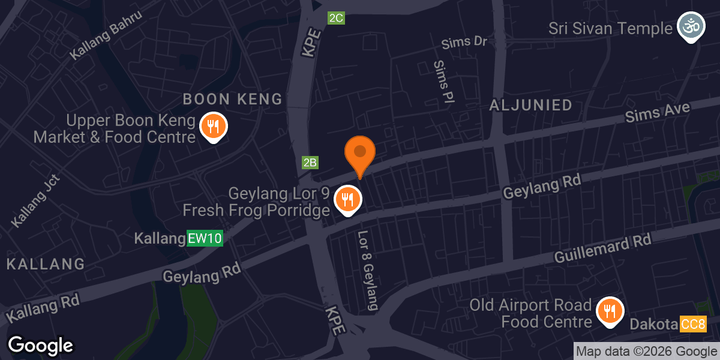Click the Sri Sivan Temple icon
[689, 27]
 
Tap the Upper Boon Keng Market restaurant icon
[212, 127]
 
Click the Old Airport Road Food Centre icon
[610, 311]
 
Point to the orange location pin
[359, 154]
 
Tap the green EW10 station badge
[205, 238]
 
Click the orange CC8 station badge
[693, 325]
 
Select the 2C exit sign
[336, 18]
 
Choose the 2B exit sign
[310, 162]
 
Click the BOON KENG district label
[232, 99]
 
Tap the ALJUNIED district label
[530, 106]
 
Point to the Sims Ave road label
[657, 112]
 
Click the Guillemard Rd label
[602, 249]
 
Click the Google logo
[40, 346]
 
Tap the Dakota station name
[654, 325]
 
